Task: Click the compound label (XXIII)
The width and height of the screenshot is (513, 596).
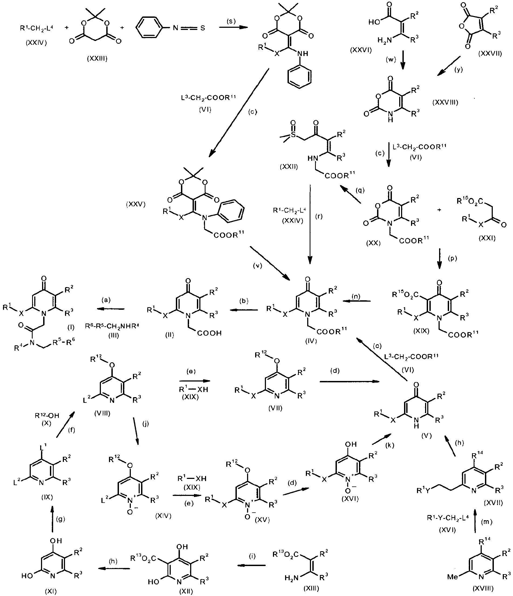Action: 97,59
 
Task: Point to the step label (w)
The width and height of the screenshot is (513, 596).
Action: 391,60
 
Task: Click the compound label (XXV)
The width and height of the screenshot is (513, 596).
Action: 136,205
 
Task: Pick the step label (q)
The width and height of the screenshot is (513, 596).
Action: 360,190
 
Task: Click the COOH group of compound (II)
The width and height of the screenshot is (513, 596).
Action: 210,333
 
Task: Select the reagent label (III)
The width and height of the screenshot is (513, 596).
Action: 114,335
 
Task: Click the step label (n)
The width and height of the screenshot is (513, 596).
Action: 356,297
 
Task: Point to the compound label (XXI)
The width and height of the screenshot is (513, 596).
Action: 487,238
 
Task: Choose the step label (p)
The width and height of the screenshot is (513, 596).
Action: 452,258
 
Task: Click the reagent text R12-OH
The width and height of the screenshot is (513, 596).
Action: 47,415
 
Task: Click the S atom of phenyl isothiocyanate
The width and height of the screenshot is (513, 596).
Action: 203,28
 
